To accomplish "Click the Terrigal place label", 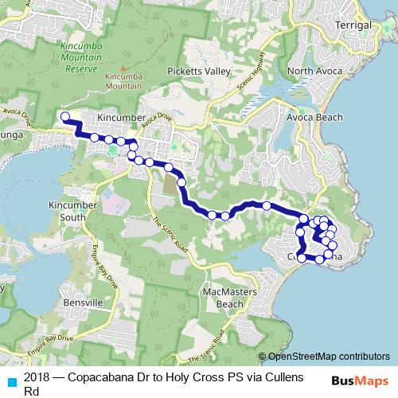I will click(354, 25).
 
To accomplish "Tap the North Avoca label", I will click(315, 72).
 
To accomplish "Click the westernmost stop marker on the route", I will click(65, 117).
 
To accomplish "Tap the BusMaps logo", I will click(361, 381).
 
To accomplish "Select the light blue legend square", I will click(10, 378).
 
